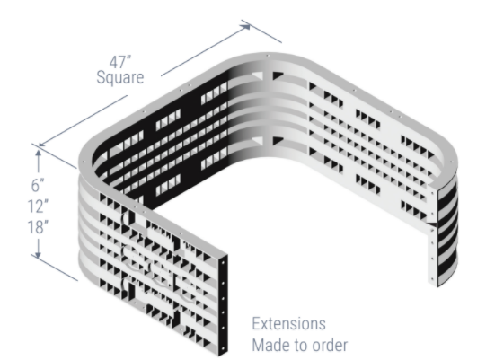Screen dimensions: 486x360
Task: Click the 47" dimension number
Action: pyautogui.click(x=120, y=62)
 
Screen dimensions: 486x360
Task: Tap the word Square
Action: pyautogui.click(x=120, y=77)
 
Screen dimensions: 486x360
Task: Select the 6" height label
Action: pyautogui.click(x=38, y=185)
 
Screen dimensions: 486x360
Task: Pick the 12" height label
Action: pyautogui.click(x=38, y=206)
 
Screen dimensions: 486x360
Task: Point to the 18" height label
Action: pyautogui.click(x=38, y=227)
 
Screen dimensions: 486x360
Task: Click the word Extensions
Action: pyautogui.click(x=289, y=324)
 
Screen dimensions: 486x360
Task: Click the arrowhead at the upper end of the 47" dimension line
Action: pyautogui.click(x=245, y=26)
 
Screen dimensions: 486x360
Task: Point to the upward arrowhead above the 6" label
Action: pyautogui.click(x=38, y=153)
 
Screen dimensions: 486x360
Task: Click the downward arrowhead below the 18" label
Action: pyautogui.click(x=38, y=254)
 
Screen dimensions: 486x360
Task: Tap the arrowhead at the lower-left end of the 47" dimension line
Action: pyautogui.click(x=42, y=144)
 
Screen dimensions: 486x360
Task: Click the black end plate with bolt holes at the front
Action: pyautogui.click(x=223, y=305)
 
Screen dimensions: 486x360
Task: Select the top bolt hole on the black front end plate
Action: pyautogui.click(x=223, y=262)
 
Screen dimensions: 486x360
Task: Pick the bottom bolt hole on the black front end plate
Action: pyautogui.click(x=223, y=348)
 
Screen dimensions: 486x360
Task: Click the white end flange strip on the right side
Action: pyautogui.click(x=433, y=235)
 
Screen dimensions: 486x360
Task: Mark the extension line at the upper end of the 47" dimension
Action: pyautogui.click(x=261, y=31)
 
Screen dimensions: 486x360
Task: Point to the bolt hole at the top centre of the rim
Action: pyautogui.click(x=268, y=56)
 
